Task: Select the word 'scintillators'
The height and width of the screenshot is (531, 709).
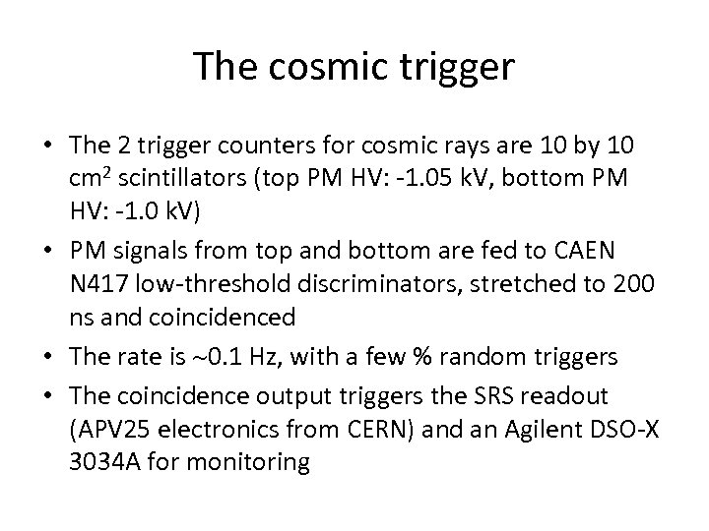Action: [x=195, y=178]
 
